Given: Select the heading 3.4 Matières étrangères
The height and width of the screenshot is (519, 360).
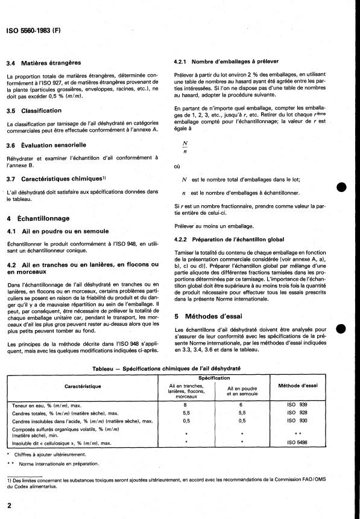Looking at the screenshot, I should (51, 63).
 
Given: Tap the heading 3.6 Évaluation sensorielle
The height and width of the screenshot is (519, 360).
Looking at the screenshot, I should (55, 145).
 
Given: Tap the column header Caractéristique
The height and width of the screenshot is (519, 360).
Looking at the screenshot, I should (83, 386).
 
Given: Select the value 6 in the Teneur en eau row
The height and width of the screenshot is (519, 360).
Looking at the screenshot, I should (241, 406).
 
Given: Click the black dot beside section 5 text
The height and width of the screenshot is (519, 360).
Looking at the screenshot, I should (341, 328).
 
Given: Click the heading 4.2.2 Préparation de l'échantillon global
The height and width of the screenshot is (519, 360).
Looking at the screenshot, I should (229, 238).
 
